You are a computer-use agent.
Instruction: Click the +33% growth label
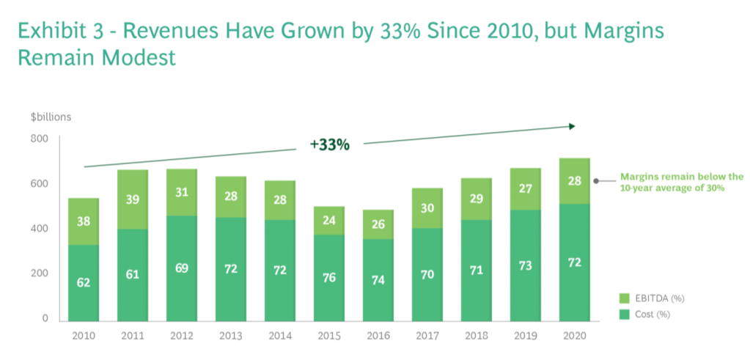pyautogui.click(x=329, y=144)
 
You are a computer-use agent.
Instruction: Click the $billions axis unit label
pyautogui.click(x=51, y=117)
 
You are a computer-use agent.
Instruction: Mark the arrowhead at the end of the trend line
pyautogui.click(x=571, y=126)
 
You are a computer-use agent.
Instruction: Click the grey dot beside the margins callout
pyautogui.click(x=596, y=180)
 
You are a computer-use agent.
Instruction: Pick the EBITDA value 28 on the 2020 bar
pyautogui.click(x=575, y=181)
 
